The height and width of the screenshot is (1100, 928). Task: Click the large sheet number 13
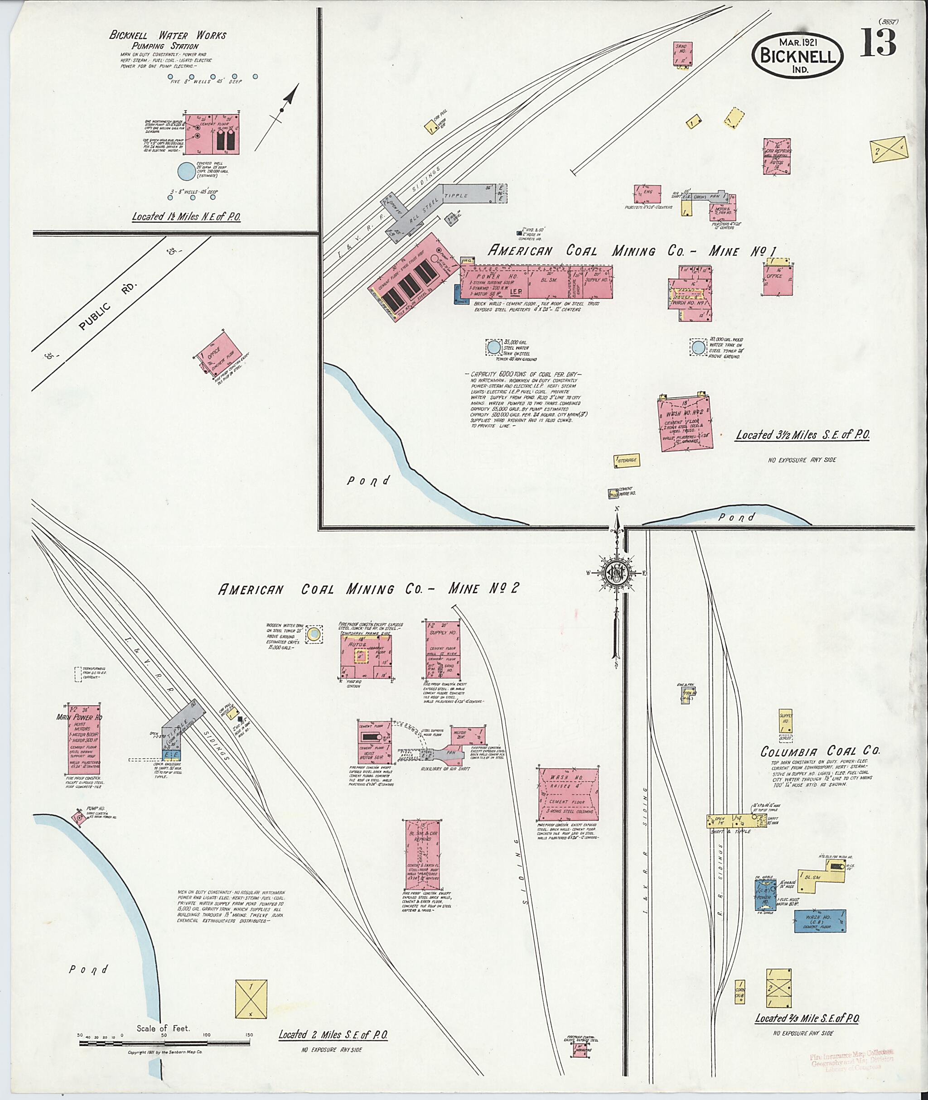(x=878, y=43)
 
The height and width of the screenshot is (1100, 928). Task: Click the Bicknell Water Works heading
(x=167, y=36)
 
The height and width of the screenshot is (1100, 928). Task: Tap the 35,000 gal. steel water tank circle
(x=493, y=346)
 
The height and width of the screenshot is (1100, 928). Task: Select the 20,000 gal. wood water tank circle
(x=698, y=346)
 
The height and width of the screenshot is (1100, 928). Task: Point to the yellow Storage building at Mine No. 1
(x=626, y=460)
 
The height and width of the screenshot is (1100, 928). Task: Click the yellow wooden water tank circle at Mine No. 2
(x=314, y=634)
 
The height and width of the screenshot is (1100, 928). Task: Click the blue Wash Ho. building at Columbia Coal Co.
(x=820, y=921)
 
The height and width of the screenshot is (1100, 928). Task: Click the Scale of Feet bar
(x=166, y=1042)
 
